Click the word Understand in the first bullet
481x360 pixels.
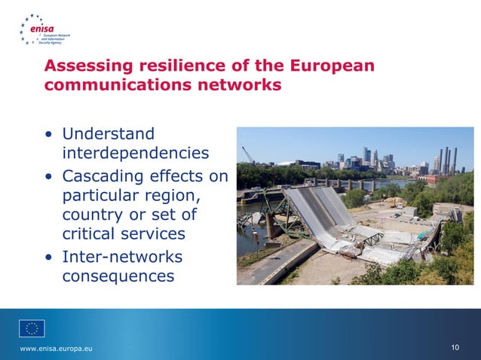coord(108,134)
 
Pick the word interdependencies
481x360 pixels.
coord(135,154)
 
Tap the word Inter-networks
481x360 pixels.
coord(121,257)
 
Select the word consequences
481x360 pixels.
coord(118,276)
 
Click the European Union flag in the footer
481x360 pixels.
coord(32,328)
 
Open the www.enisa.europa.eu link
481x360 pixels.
coord(57,347)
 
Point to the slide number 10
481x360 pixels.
coord(455,347)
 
